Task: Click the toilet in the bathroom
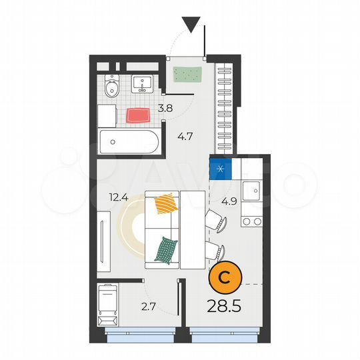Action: (113, 86)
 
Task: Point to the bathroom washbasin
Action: (142, 83)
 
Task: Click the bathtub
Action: (129, 142)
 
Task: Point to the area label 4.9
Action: (229, 199)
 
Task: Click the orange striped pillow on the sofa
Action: (165, 204)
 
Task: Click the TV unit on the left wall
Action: (103, 244)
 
